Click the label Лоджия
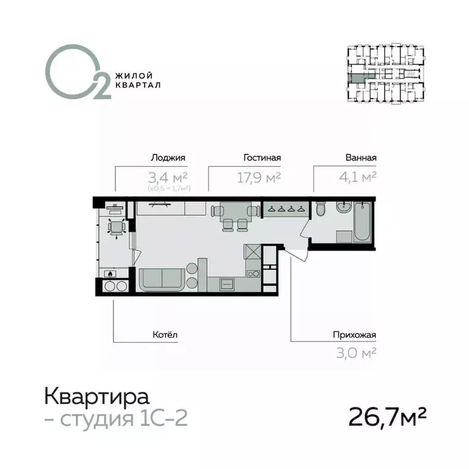(x=167, y=158)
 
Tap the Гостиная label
(x=261, y=158)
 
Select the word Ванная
(x=360, y=158)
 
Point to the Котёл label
(x=164, y=335)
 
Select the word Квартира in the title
(x=96, y=398)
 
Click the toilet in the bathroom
(x=321, y=211)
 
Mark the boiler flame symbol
(x=110, y=274)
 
